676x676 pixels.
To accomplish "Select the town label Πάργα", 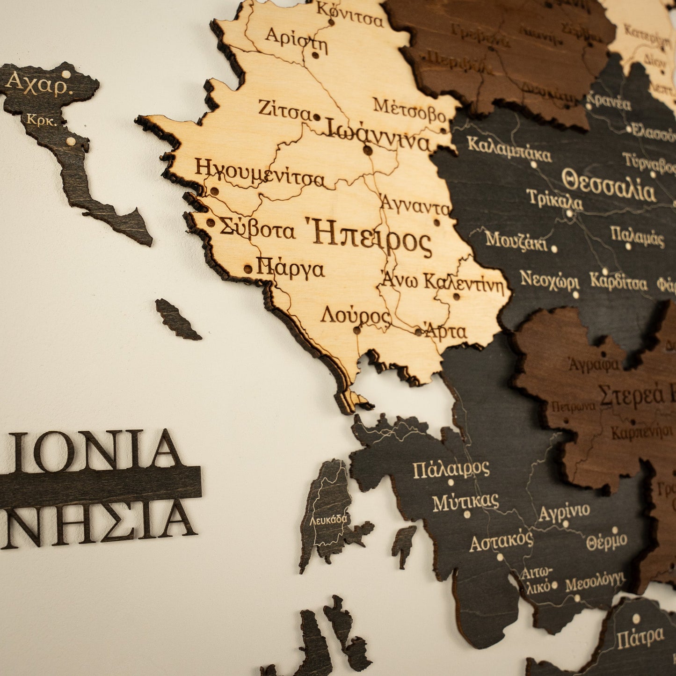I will [291, 269].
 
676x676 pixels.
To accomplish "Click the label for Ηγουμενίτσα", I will [260, 173].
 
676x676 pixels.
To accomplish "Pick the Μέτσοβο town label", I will [409, 109].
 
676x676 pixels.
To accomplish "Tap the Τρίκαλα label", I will [554, 200].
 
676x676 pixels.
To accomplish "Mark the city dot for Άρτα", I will [419, 332].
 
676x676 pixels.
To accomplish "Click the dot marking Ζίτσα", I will [317, 117].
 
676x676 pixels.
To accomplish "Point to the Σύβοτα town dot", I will [211, 223].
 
